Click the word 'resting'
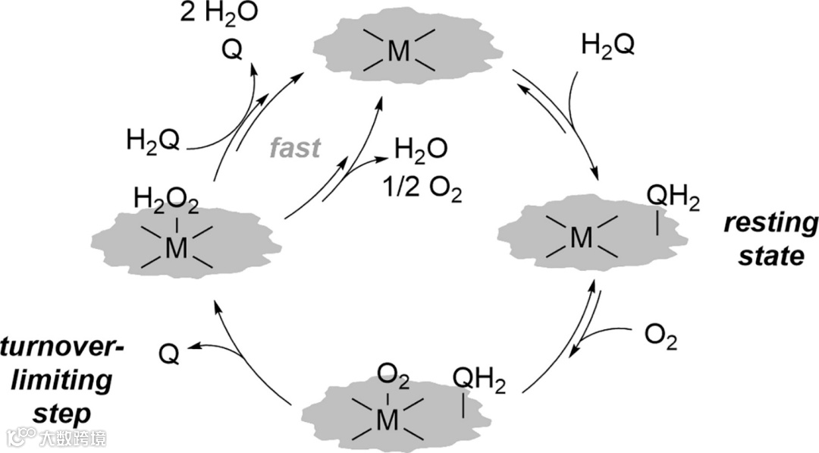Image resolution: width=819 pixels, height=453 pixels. pyautogui.click(x=770, y=224)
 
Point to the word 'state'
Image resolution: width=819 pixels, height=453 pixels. pyautogui.click(x=774, y=255)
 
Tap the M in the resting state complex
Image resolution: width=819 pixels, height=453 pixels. pyautogui.click(x=582, y=238)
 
